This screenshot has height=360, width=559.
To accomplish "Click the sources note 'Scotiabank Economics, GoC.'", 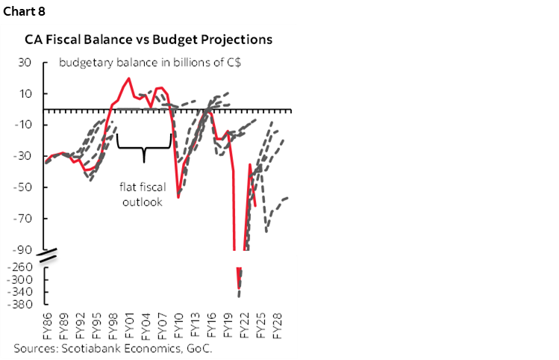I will pos(112,348).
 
